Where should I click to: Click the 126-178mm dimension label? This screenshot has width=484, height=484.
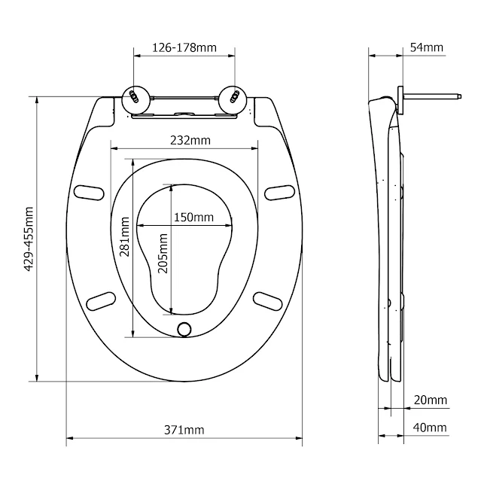click(x=184, y=47)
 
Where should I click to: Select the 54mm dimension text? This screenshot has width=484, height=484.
click(x=427, y=47)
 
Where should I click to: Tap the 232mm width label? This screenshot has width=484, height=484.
click(x=190, y=140)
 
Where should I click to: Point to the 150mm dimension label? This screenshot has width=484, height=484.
click(x=193, y=217)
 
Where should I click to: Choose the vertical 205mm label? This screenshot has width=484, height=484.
click(x=162, y=251)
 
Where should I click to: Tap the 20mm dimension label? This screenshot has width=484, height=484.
click(x=430, y=400)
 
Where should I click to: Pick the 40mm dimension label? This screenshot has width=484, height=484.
click(x=430, y=428)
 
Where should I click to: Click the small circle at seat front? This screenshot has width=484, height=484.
click(x=184, y=329)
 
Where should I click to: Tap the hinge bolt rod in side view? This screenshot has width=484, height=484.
click(x=433, y=96)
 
